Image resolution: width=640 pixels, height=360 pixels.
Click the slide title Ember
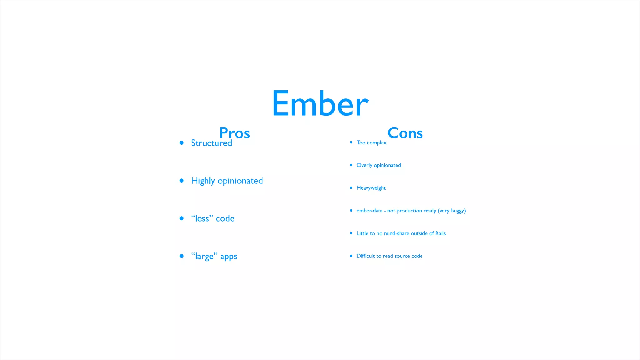[320, 103]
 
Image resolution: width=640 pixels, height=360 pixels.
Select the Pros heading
[235, 133]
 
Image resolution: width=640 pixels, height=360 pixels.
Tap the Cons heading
[405, 133]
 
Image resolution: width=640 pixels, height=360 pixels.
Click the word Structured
[212, 143]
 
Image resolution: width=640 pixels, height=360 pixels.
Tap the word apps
[229, 257]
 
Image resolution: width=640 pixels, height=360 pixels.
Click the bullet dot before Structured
[182, 143]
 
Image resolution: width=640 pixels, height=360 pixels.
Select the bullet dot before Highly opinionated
[182, 181]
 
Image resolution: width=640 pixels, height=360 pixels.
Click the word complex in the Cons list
[377, 143]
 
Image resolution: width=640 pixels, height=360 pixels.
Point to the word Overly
[364, 165]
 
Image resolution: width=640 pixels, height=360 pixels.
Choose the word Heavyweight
[371, 188]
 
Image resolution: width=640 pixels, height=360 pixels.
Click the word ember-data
[369, 211]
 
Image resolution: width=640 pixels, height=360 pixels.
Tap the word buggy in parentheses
[458, 211]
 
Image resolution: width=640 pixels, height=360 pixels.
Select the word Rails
[441, 233]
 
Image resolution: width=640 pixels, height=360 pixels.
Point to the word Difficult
[366, 256]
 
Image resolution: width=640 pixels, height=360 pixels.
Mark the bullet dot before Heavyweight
[351, 188]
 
